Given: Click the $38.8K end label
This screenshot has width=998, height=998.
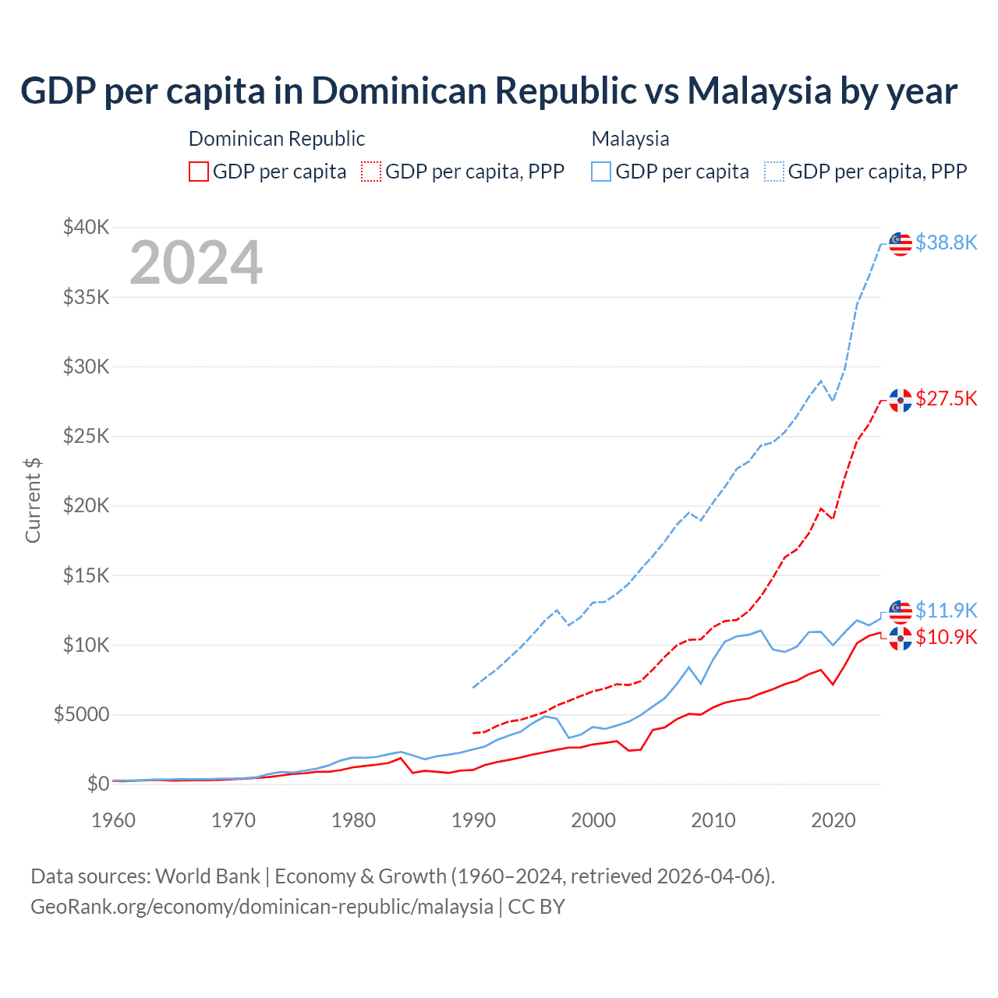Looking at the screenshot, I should click(946, 242).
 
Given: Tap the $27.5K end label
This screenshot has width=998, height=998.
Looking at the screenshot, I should click(946, 398).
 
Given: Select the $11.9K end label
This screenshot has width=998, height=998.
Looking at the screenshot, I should click(946, 610).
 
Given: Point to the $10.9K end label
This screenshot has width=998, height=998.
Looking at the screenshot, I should click(946, 637).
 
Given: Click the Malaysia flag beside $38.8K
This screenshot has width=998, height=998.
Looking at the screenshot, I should click(901, 243).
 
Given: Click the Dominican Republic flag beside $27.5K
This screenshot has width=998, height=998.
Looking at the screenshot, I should click(901, 400).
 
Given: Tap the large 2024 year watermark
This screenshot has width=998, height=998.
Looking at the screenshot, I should click(196, 263).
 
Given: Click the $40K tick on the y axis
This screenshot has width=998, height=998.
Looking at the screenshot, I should click(86, 227).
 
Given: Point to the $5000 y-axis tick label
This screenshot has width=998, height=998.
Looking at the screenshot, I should click(81, 714).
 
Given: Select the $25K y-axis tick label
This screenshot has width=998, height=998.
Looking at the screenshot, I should click(86, 436).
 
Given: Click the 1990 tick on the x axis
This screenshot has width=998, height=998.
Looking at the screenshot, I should click(473, 820).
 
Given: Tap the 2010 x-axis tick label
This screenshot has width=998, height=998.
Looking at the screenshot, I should click(713, 820).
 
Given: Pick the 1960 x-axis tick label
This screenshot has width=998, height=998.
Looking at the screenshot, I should click(114, 820).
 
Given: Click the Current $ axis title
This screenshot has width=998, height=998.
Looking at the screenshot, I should click(33, 501).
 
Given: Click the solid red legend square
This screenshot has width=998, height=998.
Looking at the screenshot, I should click(199, 172).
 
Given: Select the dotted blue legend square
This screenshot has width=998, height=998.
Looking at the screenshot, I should click(774, 172).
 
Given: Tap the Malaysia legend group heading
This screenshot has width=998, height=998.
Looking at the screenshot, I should click(630, 139).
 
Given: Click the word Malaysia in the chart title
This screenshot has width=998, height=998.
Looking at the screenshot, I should click(759, 90).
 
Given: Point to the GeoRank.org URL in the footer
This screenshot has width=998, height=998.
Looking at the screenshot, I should click(262, 907).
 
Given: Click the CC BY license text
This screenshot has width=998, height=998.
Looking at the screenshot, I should click(536, 907).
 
